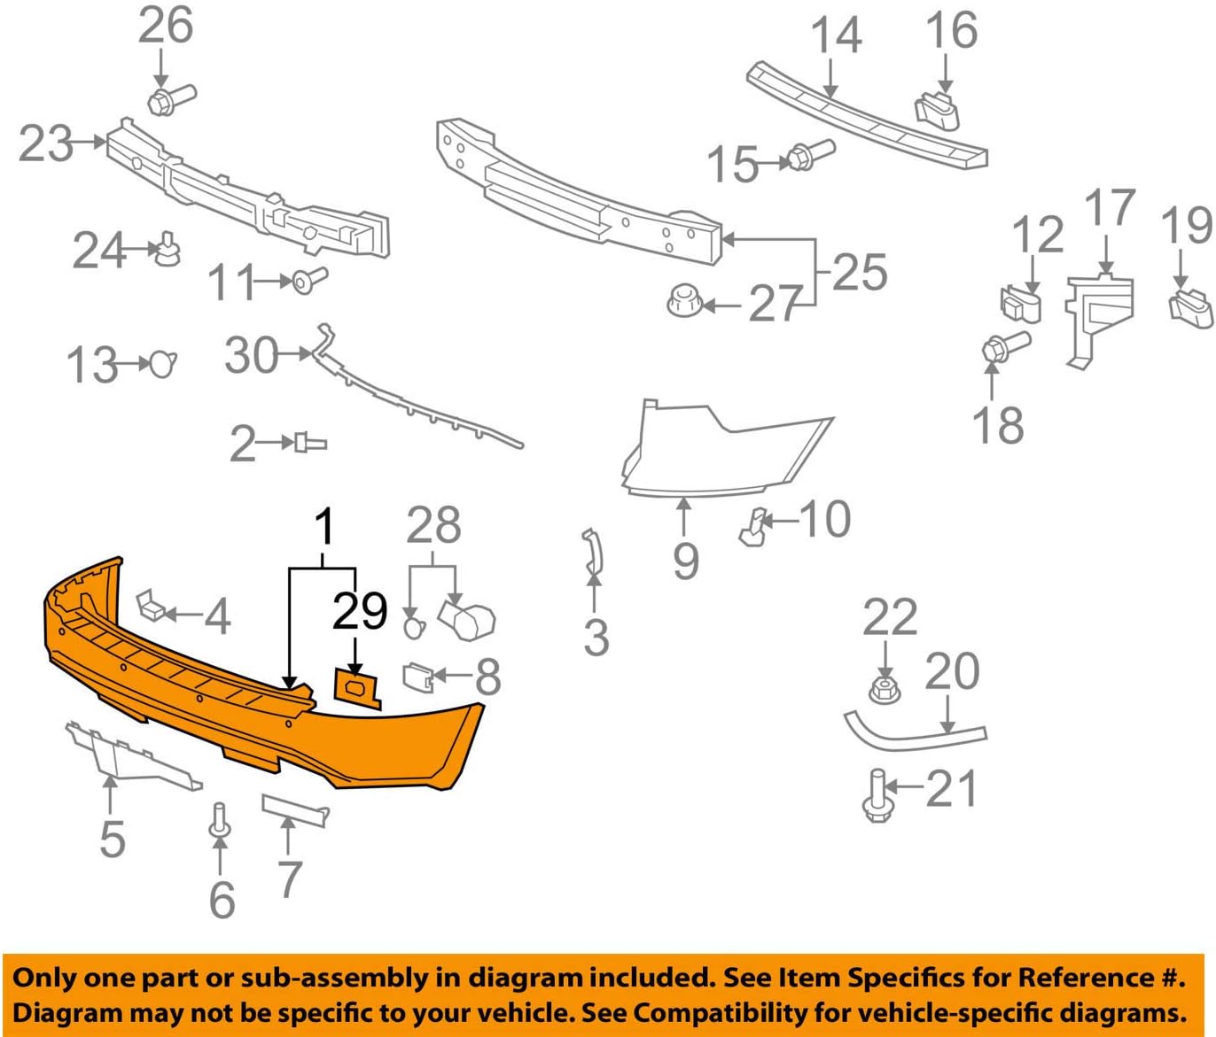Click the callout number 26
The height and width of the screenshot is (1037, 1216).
tap(165, 26)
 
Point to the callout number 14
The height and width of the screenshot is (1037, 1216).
tap(836, 35)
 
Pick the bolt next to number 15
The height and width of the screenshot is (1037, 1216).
tap(808, 156)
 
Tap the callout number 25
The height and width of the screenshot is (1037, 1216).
tap(859, 272)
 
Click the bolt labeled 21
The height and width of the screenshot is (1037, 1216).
tap(877, 796)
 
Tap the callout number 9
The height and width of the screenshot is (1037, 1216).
tap(685, 560)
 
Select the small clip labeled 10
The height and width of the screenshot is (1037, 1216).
tap(752, 526)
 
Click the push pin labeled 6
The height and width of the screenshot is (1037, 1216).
tap(219, 819)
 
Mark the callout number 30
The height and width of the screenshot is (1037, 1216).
tap(252, 356)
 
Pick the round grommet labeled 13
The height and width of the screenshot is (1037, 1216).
tap(162, 364)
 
